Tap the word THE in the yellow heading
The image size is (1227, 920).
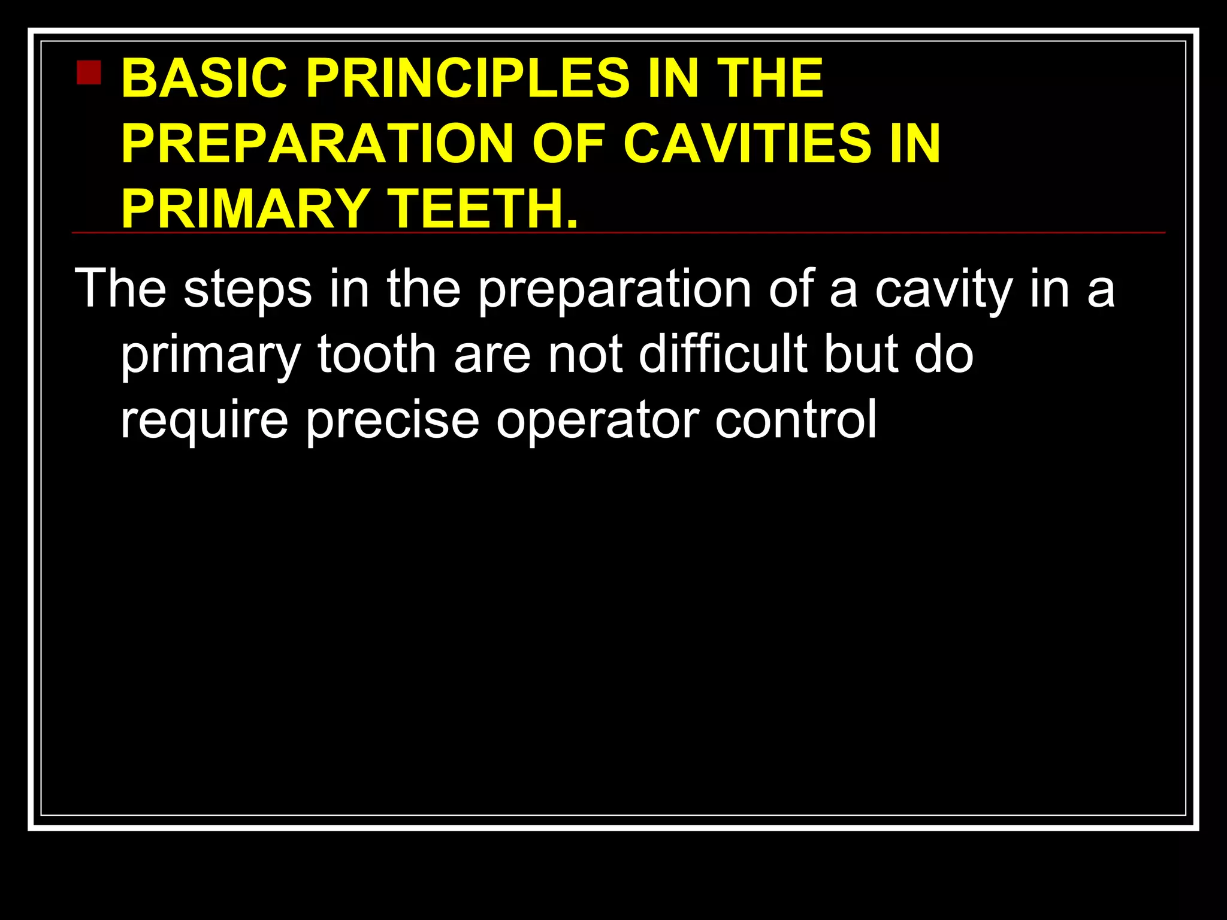(770, 78)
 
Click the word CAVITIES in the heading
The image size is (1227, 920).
(748, 144)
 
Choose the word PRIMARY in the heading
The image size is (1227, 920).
(244, 208)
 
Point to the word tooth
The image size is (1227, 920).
(376, 355)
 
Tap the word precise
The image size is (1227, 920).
(392, 420)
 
